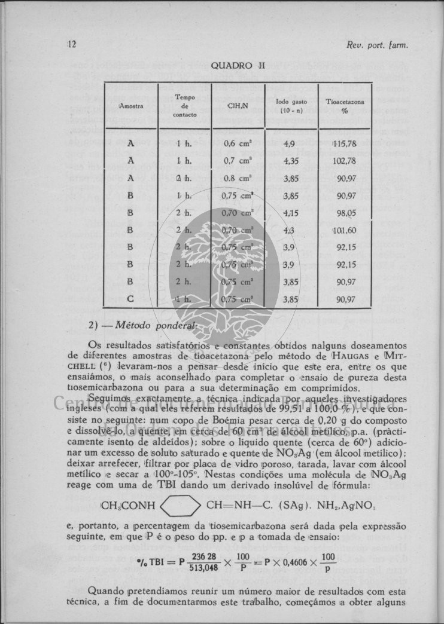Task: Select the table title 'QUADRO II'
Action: point(238,66)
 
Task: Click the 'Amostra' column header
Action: point(131,106)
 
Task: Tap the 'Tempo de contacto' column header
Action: point(184,105)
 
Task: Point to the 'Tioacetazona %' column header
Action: point(345,106)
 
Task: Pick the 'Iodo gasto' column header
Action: point(291,106)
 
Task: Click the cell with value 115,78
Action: point(345,143)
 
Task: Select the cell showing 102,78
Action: point(346,161)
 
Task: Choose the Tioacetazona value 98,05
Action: point(346,213)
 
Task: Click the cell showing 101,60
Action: point(345,230)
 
